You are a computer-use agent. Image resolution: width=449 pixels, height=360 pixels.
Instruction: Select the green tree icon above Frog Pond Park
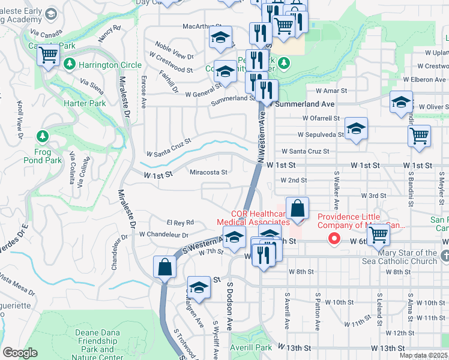pos(42,136)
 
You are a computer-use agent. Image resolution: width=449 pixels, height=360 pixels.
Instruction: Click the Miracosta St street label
pos(208,172)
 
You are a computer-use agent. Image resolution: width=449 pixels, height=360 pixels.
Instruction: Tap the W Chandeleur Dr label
pos(164,235)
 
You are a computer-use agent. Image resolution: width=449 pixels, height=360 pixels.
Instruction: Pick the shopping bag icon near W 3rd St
pos(297,209)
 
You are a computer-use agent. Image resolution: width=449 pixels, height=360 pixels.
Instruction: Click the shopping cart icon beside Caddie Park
pos(49,56)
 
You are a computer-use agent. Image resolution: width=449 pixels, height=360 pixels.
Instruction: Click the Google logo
pos(20,352)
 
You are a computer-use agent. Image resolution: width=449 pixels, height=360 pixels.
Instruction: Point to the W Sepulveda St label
pos(323,134)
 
